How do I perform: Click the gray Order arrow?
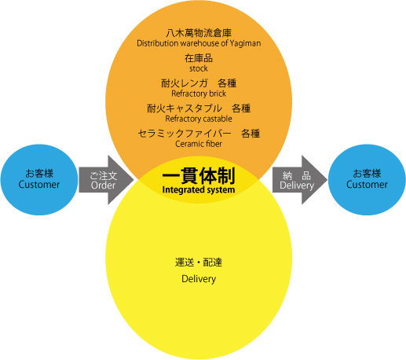(106, 180)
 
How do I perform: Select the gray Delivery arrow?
(300, 180)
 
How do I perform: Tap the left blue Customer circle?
(39, 180)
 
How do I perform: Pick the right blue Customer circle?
(367, 180)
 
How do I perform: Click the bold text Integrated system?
(199, 189)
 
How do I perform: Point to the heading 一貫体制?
(199, 176)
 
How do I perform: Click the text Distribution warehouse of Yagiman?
(199, 43)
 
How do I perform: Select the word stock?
(199, 68)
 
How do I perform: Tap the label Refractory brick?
(199, 94)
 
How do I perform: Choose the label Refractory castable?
(199, 119)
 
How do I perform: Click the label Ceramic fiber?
(199, 144)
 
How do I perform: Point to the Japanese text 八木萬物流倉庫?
(199, 33)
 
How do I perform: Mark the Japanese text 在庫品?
(199, 58)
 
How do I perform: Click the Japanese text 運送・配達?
(199, 263)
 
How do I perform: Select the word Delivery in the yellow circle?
(199, 279)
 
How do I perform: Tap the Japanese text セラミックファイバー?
(185, 134)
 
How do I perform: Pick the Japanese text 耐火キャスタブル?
(185, 108)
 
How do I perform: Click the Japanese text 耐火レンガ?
(185, 83)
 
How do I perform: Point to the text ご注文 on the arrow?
(104, 176)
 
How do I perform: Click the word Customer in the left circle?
(39, 185)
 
